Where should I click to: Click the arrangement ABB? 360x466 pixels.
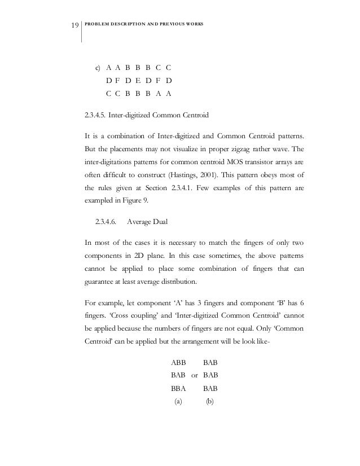click(178, 363)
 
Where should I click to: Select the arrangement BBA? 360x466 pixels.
click(178, 389)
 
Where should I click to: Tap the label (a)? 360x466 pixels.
click(178, 402)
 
